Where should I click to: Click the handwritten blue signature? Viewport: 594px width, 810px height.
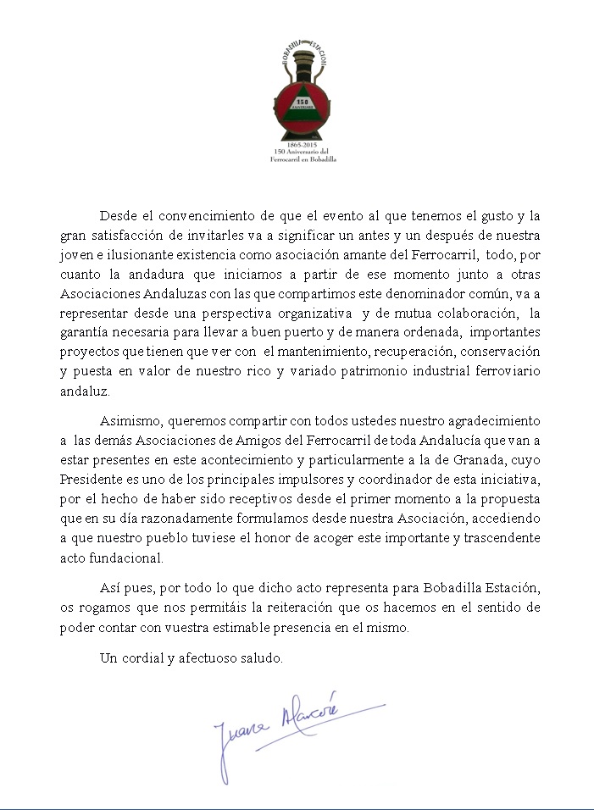280,729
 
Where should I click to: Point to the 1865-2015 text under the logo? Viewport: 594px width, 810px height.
300,147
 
